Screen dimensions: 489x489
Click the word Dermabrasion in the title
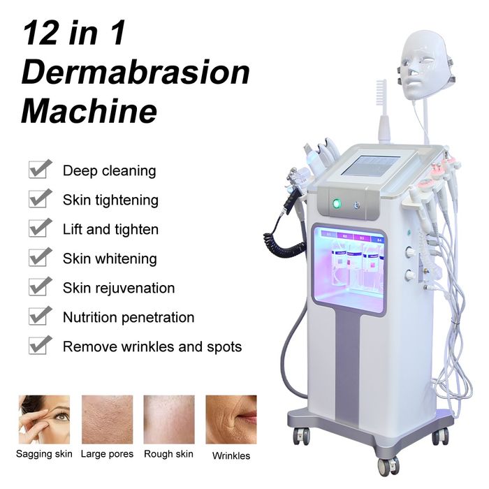click(x=136, y=73)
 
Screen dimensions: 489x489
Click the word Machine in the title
click(x=89, y=111)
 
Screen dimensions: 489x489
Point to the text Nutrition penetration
click(x=129, y=317)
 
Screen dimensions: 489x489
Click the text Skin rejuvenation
click(x=119, y=288)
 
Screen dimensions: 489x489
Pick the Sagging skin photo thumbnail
click(x=44, y=419)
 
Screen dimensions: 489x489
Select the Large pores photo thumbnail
click(x=108, y=419)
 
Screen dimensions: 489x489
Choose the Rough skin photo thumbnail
click(x=169, y=419)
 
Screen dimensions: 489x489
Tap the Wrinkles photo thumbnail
click(x=231, y=419)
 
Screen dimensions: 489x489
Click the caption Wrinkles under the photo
click(x=231, y=456)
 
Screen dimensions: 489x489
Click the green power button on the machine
click(x=337, y=204)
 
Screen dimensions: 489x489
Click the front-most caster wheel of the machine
click(x=388, y=466)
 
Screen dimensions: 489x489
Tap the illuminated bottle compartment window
click(x=349, y=269)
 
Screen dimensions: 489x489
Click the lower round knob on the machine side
click(x=409, y=275)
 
